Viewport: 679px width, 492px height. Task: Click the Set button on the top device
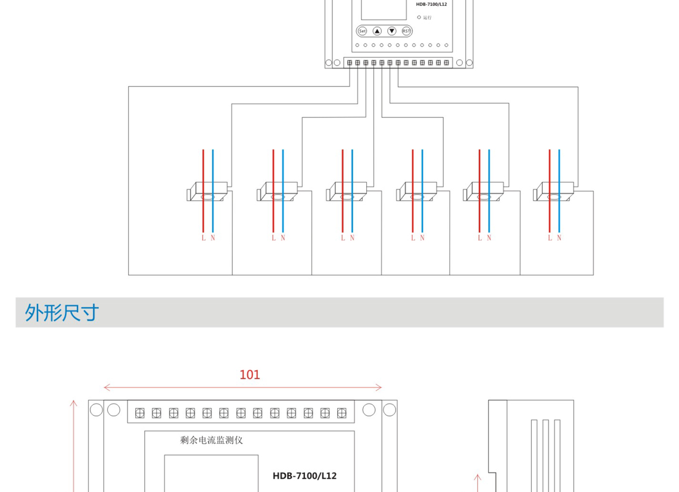pyautogui.click(x=362, y=31)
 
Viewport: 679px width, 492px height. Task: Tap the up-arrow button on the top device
pyautogui.click(x=377, y=31)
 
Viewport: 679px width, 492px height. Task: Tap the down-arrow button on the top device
pyautogui.click(x=391, y=31)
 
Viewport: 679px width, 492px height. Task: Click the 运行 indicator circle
pyautogui.click(x=419, y=17)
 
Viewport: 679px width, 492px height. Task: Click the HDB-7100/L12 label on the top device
pyautogui.click(x=431, y=4)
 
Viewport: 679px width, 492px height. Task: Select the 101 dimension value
pyautogui.click(x=250, y=375)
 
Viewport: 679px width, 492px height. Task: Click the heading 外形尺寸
pyautogui.click(x=61, y=312)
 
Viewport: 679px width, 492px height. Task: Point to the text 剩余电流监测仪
pyautogui.click(x=211, y=440)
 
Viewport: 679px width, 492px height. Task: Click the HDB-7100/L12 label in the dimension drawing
pyautogui.click(x=304, y=475)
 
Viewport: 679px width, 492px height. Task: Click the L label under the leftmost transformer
pyautogui.click(x=203, y=238)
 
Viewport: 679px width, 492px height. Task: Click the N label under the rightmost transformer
pyautogui.click(x=559, y=238)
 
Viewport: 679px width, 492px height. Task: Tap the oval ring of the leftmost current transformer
pyautogui.click(x=208, y=197)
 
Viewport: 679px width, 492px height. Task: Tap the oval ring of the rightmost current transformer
pyautogui.click(x=555, y=197)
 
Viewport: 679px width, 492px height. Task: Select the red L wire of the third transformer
pyautogui.click(x=342, y=173)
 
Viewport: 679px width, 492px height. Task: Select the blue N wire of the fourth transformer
pyautogui.click(x=422, y=173)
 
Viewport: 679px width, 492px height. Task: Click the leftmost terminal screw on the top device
pyautogui.click(x=349, y=63)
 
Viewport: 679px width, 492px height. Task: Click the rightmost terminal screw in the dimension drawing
pyautogui.click(x=341, y=412)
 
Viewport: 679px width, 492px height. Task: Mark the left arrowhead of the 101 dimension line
pyautogui.click(x=105, y=388)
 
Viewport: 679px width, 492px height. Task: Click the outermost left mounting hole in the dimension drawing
pyautogui.click(x=96, y=409)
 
